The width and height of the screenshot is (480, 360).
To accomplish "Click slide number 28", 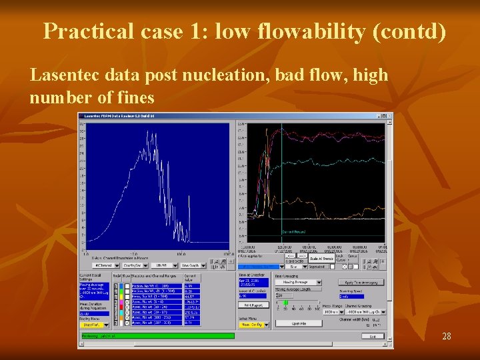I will (447, 337).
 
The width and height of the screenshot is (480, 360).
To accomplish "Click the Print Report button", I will (253, 304).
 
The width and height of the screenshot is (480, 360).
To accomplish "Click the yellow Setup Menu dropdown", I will (253, 325).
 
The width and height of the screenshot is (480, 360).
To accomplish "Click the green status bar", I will (157, 336).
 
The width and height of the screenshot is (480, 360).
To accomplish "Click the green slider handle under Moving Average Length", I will (285, 302).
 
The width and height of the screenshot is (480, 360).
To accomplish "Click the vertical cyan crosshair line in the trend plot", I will (281, 180).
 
